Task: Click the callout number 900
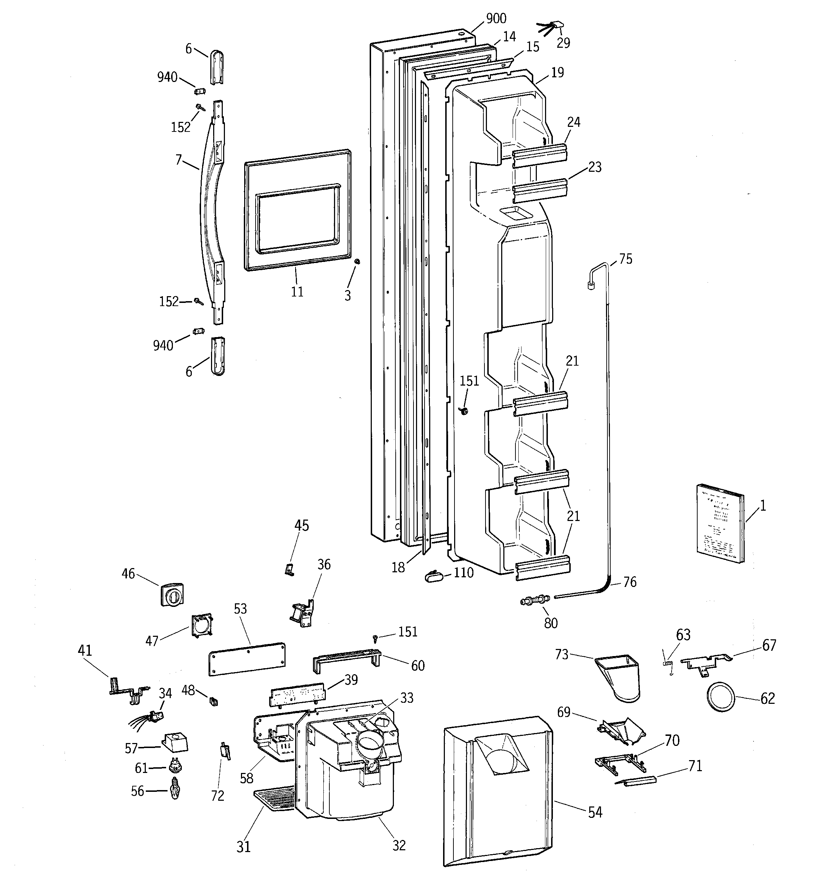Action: tap(496, 19)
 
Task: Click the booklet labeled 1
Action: tap(719, 524)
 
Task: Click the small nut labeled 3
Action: tap(357, 262)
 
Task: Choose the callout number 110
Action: tap(463, 573)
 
